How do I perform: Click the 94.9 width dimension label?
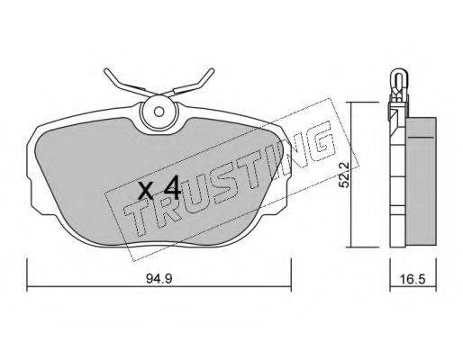[x=159, y=279]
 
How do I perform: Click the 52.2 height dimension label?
[x=344, y=175]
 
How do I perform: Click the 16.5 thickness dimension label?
[x=413, y=279]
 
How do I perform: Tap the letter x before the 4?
[x=146, y=191]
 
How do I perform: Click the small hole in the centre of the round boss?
[x=159, y=112]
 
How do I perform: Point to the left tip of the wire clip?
[x=105, y=71]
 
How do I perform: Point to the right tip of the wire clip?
[x=212, y=70]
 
